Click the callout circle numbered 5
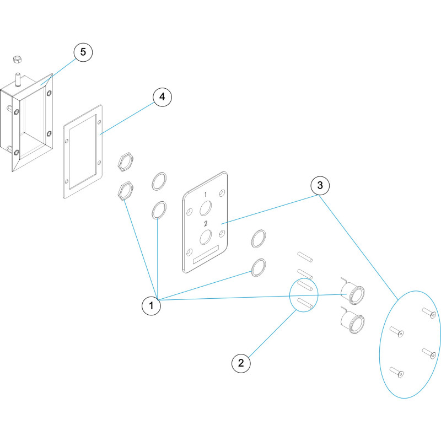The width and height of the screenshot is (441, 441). tap(83, 52)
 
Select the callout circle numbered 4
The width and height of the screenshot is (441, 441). tap(162, 97)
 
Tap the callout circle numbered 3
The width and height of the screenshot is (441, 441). tap(320, 185)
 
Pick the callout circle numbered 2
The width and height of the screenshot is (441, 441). tap(241, 363)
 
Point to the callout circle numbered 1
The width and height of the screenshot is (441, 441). tap(151, 305)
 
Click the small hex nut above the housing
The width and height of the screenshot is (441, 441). tap(18, 60)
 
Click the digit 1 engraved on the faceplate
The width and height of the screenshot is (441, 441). tap(206, 195)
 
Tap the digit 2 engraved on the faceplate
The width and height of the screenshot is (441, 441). tap(206, 224)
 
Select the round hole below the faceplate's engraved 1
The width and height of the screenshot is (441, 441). tap(206, 208)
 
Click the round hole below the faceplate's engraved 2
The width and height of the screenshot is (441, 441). tap(206, 237)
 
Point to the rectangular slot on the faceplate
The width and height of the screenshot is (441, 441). tap(206, 254)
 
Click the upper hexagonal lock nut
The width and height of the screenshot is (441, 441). tap(125, 162)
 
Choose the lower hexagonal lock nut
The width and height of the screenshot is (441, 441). tap(125, 191)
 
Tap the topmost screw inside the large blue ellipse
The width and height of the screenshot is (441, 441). tap(429, 313)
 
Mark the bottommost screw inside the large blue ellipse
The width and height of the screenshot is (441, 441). tap(396, 372)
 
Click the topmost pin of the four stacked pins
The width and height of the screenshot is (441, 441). tap(305, 257)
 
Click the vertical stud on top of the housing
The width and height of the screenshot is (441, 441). tap(18, 79)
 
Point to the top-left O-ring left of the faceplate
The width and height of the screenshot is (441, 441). tap(159, 181)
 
